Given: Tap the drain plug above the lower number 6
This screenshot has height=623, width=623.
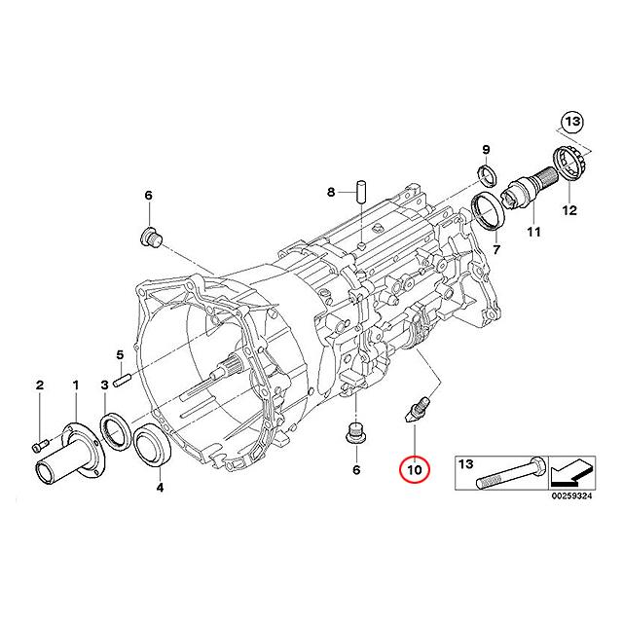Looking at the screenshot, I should (x=356, y=433).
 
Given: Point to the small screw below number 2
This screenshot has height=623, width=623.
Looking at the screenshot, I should (x=39, y=445).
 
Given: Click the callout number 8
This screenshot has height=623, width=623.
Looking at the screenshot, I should (x=330, y=192).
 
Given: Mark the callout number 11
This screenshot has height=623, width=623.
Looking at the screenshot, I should (x=533, y=232).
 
